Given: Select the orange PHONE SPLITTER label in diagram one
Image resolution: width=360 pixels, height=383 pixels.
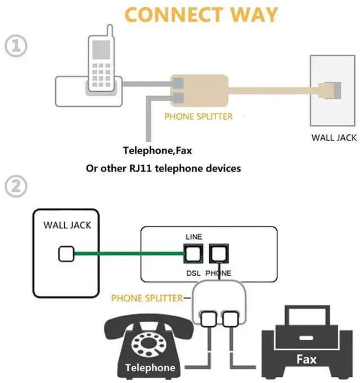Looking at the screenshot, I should pyautogui.click(x=198, y=117).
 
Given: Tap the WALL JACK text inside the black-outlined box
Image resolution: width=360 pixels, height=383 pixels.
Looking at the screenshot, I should pyautogui.click(x=67, y=226).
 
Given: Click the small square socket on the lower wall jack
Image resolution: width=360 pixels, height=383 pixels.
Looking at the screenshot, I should pyautogui.click(x=65, y=255).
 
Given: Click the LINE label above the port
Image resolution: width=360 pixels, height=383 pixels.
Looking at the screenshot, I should pyautogui.click(x=193, y=237).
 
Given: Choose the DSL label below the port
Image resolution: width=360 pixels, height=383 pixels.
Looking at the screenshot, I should pyautogui.click(x=193, y=273).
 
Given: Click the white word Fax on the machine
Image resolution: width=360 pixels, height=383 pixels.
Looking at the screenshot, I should pyautogui.click(x=307, y=359).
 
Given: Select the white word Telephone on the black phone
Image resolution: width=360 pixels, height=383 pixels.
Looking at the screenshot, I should pyautogui.click(x=150, y=368).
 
